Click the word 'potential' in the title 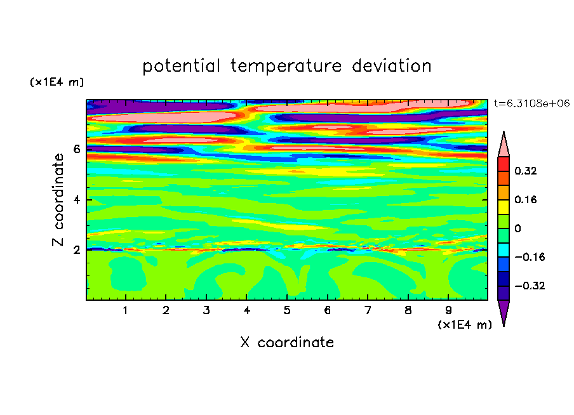181,67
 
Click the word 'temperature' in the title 286,66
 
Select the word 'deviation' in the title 392,66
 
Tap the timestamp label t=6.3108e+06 532,104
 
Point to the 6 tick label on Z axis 76,149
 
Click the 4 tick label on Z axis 76,200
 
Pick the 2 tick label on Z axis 76,250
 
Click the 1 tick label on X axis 126,310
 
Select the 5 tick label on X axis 287,310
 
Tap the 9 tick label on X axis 448,310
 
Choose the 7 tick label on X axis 368,310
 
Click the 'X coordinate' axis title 287,343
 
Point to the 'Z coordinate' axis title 58,200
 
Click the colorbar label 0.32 525,171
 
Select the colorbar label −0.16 530,257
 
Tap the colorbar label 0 517,228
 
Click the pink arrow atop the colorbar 504,145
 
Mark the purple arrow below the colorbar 504,312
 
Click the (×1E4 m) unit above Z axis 57,82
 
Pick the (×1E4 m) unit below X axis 465,325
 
